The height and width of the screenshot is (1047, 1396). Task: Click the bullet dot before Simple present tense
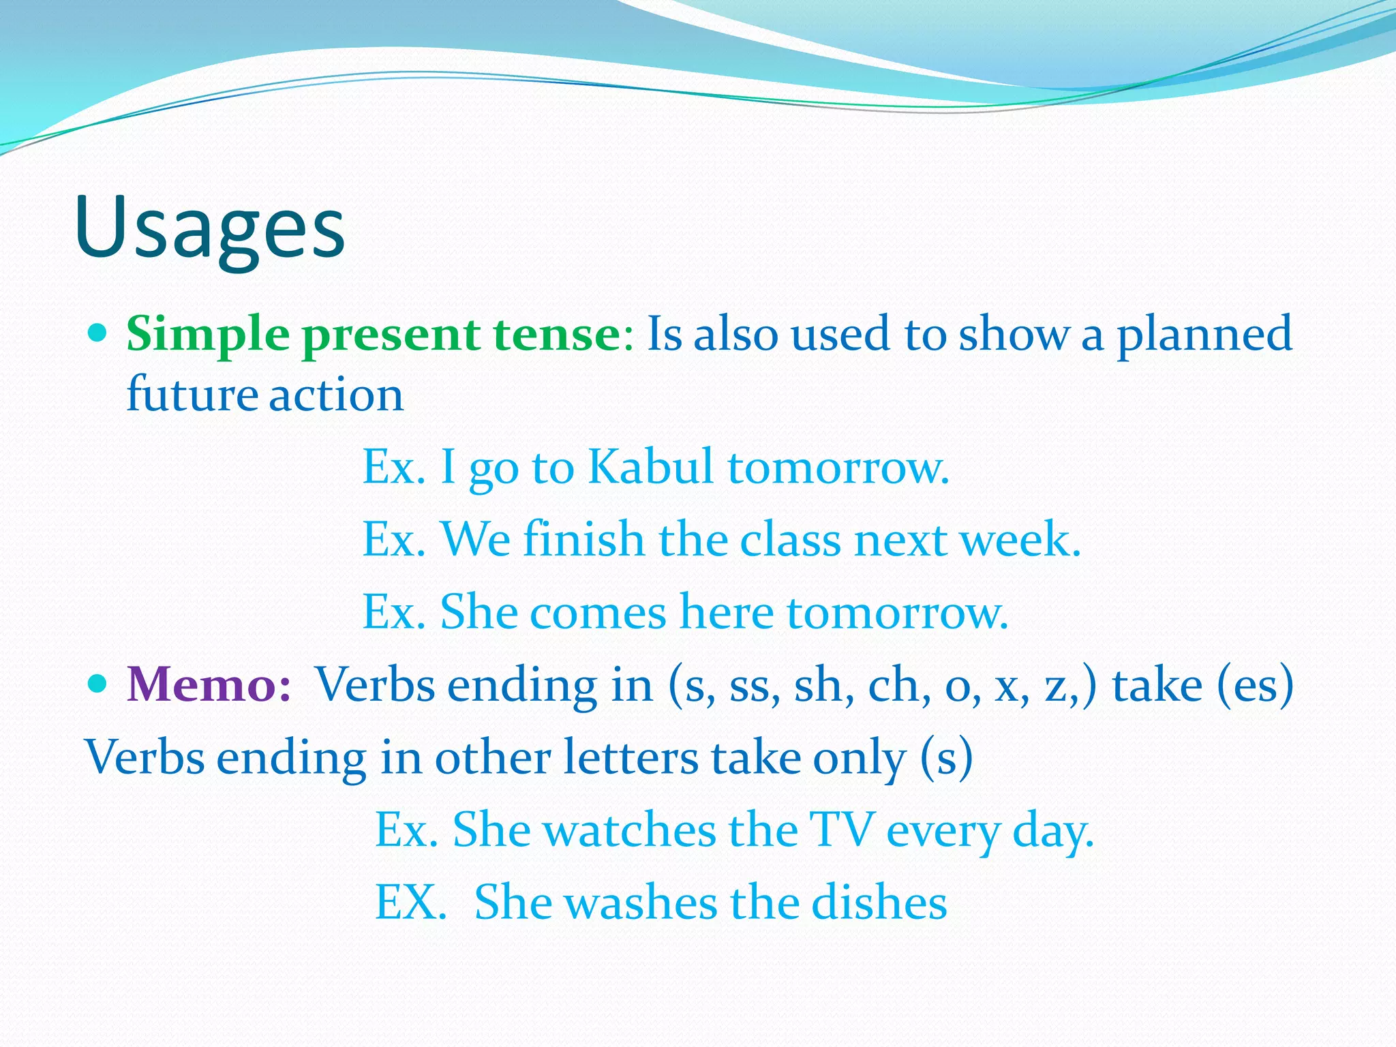[x=99, y=333]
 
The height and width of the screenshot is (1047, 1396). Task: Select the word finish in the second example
[x=583, y=539]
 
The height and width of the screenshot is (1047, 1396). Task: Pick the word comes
[x=598, y=612]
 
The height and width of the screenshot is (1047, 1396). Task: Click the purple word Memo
[x=209, y=684]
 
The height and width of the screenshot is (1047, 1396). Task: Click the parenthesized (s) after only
[x=946, y=757]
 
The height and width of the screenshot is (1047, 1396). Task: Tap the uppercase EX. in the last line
[x=410, y=902]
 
